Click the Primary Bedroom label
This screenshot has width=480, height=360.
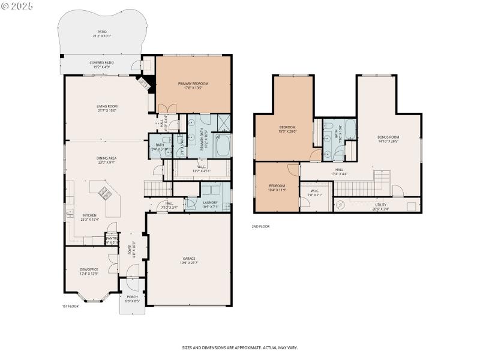(193, 83)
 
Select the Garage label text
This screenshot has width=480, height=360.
(188, 259)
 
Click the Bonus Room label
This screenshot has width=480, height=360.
(388, 137)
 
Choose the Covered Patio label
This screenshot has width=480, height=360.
(101, 62)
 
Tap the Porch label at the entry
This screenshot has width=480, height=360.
(132, 297)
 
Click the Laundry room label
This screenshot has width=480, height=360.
(210, 203)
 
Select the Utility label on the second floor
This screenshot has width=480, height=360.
(380, 205)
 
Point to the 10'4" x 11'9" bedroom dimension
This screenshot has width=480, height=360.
(277, 190)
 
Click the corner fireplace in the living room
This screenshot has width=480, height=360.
(145, 84)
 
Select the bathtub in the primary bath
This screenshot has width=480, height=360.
(223, 146)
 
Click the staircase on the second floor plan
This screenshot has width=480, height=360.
(359, 187)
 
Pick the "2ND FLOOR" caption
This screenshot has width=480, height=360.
(261, 227)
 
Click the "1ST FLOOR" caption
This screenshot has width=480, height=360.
(70, 307)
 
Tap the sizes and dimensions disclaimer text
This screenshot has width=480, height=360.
(240, 347)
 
